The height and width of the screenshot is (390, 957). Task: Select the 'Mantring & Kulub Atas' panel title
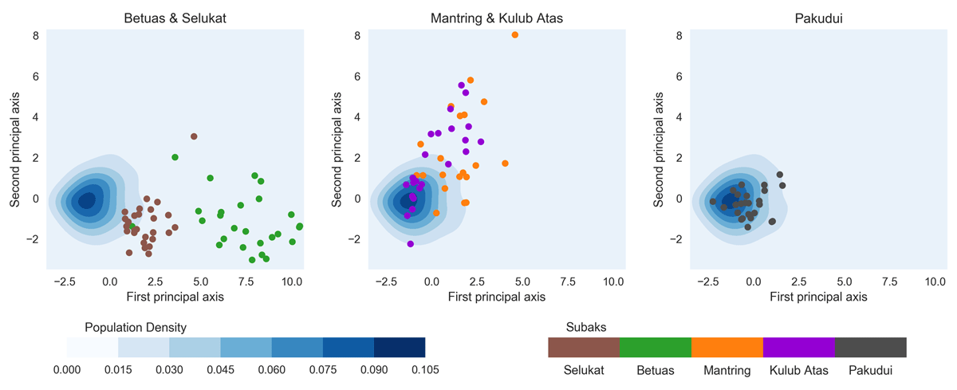click(x=497, y=18)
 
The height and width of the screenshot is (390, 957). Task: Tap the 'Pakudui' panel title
click(x=818, y=18)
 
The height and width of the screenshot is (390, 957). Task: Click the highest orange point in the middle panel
click(x=515, y=35)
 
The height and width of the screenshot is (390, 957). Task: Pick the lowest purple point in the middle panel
click(x=411, y=244)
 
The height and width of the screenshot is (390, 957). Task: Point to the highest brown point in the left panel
click(x=194, y=136)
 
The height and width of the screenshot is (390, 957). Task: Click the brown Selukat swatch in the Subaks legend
click(x=584, y=347)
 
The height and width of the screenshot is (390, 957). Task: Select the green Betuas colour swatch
click(x=656, y=347)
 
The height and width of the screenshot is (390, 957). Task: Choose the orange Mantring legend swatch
click(x=727, y=347)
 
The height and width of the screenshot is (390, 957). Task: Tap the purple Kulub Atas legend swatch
click(x=799, y=347)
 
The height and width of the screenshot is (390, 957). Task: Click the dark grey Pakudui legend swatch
click(x=871, y=347)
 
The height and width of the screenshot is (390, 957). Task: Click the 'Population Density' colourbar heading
click(x=136, y=328)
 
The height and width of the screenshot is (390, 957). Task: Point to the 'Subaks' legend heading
click(x=586, y=328)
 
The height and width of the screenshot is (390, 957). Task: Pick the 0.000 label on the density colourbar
click(x=67, y=369)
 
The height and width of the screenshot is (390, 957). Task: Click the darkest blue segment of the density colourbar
click(x=400, y=347)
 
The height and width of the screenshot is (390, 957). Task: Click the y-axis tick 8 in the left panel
click(x=36, y=36)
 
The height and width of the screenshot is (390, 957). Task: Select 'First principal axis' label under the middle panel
click(x=497, y=297)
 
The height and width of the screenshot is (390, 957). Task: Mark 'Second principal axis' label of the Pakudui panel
click(x=659, y=152)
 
